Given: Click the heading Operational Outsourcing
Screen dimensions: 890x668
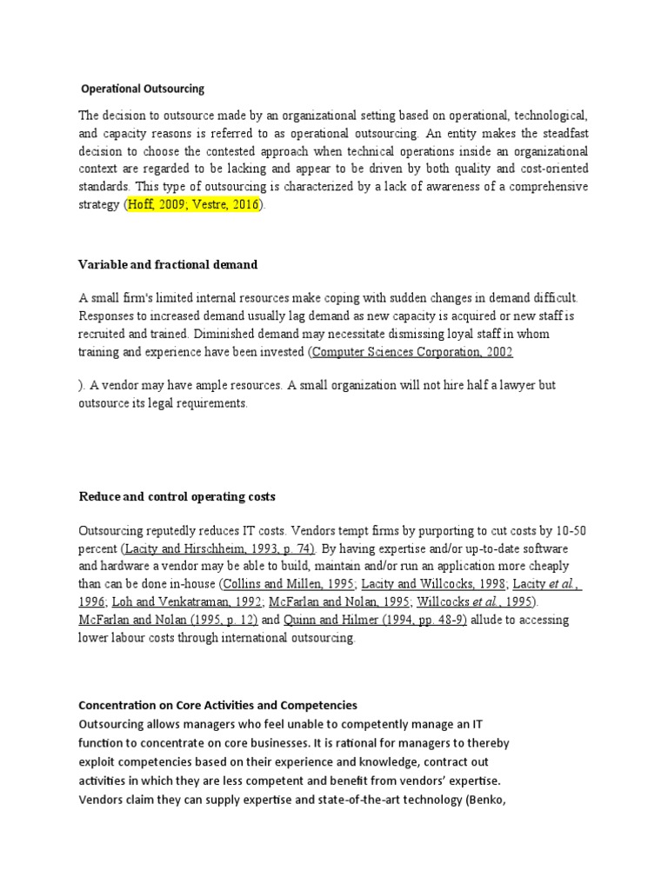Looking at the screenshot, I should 143,89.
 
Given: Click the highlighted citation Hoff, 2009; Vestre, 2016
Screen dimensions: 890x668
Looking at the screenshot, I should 192,205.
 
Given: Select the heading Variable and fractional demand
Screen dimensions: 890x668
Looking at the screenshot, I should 168,263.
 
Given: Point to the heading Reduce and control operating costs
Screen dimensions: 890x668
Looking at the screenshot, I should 177,496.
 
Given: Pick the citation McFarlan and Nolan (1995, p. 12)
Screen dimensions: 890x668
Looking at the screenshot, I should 168,620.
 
